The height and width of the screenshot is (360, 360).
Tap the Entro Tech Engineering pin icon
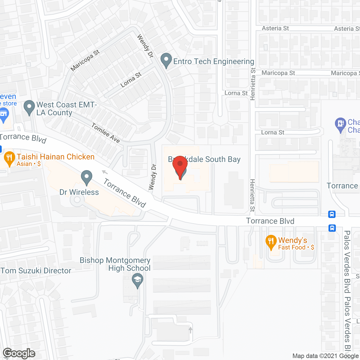[x=166, y=60]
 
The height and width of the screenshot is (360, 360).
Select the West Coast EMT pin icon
[x=29, y=107]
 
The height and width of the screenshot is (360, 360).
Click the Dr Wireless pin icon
[x=87, y=177]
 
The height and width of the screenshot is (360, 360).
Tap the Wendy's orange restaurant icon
[x=271, y=242]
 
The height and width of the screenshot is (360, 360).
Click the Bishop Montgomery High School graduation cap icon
[x=138, y=281]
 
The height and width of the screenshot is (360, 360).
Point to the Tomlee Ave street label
[x=106, y=133]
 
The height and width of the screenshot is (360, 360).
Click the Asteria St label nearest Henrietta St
[x=275, y=28]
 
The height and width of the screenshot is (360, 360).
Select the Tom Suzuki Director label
[x=36, y=271]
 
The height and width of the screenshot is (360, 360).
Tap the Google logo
[x=19, y=353]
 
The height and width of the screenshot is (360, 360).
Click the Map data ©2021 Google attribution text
[x=326, y=356]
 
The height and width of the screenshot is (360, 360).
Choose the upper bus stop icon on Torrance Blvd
[x=332, y=214]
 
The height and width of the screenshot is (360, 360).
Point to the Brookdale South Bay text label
[x=204, y=159]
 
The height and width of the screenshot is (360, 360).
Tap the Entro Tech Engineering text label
[x=213, y=61]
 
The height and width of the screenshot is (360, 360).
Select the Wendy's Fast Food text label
[x=296, y=244]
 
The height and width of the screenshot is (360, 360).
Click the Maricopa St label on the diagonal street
[x=85, y=60]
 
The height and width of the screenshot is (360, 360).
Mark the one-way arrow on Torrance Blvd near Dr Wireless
[x=105, y=172]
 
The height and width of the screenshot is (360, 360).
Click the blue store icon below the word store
[x=4, y=115]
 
